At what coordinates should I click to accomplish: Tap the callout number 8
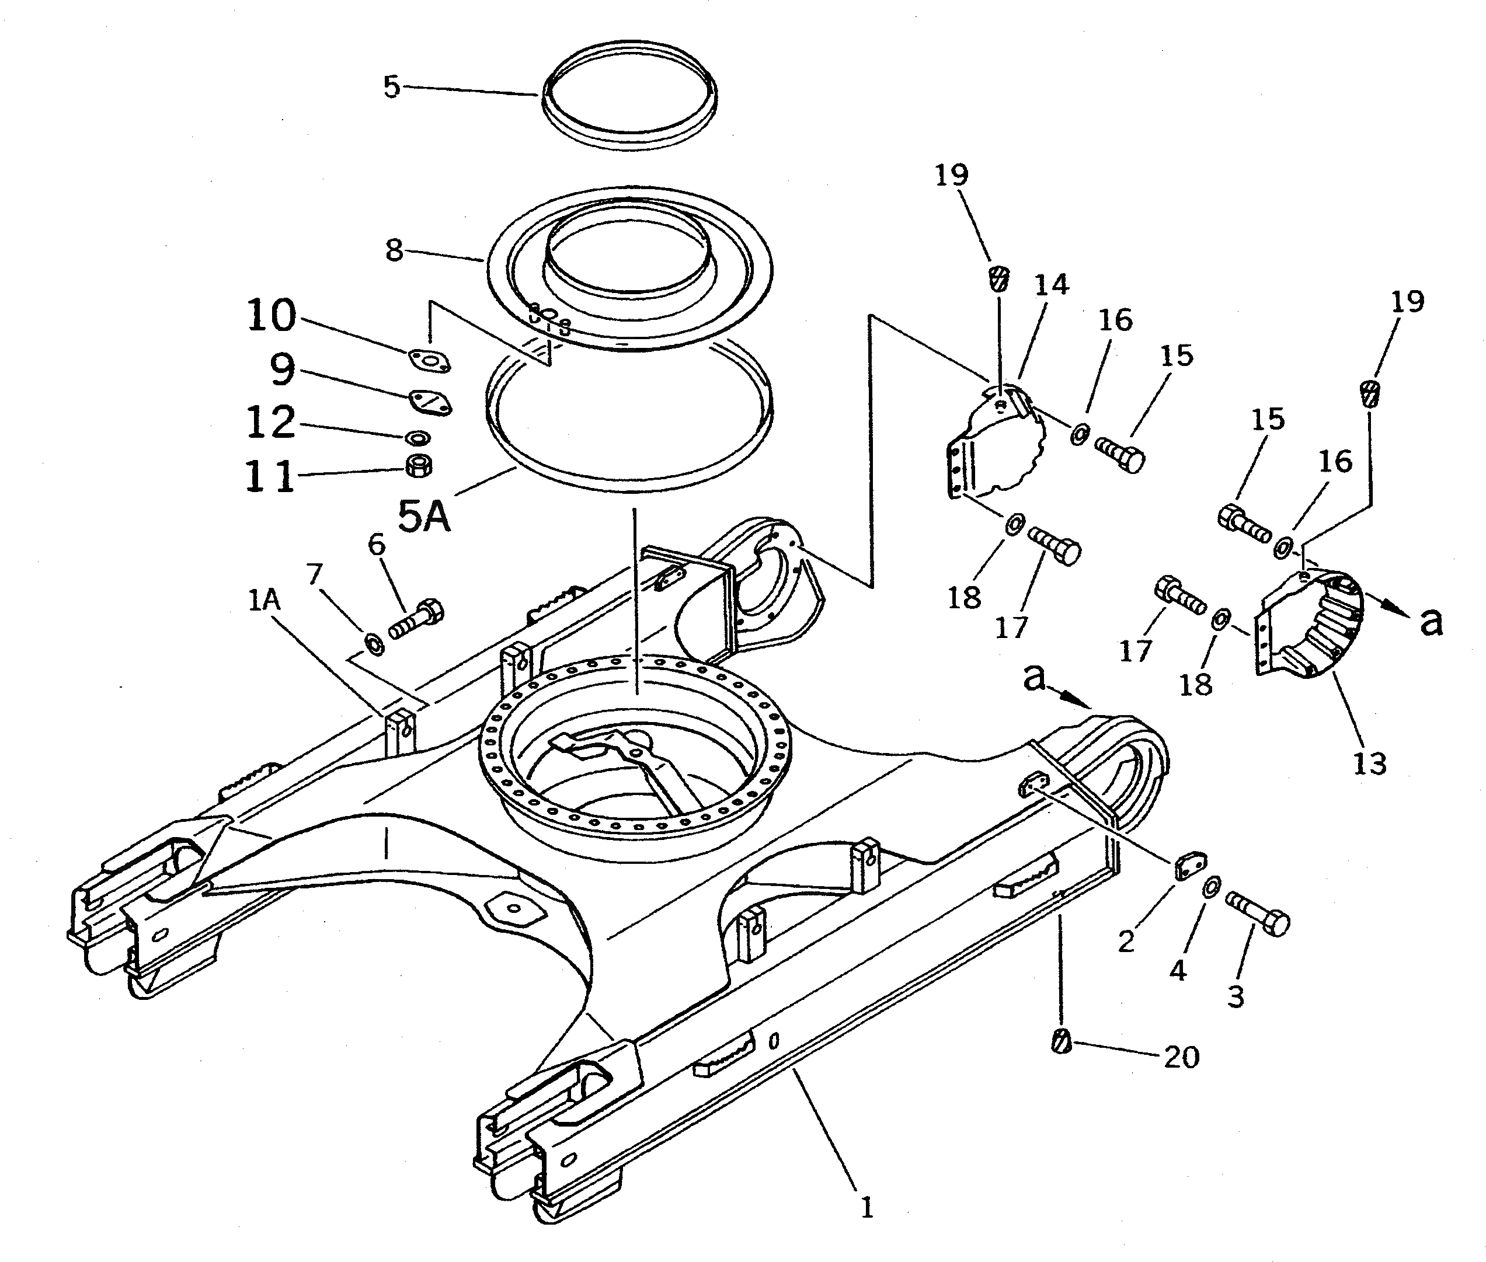click(394, 250)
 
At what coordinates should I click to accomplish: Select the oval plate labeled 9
click(430, 402)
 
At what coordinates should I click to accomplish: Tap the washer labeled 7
click(374, 644)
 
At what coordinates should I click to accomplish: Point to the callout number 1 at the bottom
click(866, 1208)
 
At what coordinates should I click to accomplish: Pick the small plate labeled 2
click(1191, 864)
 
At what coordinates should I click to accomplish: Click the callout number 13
click(1369, 764)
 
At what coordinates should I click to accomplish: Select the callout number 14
click(1051, 285)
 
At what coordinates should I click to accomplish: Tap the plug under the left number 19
click(999, 278)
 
